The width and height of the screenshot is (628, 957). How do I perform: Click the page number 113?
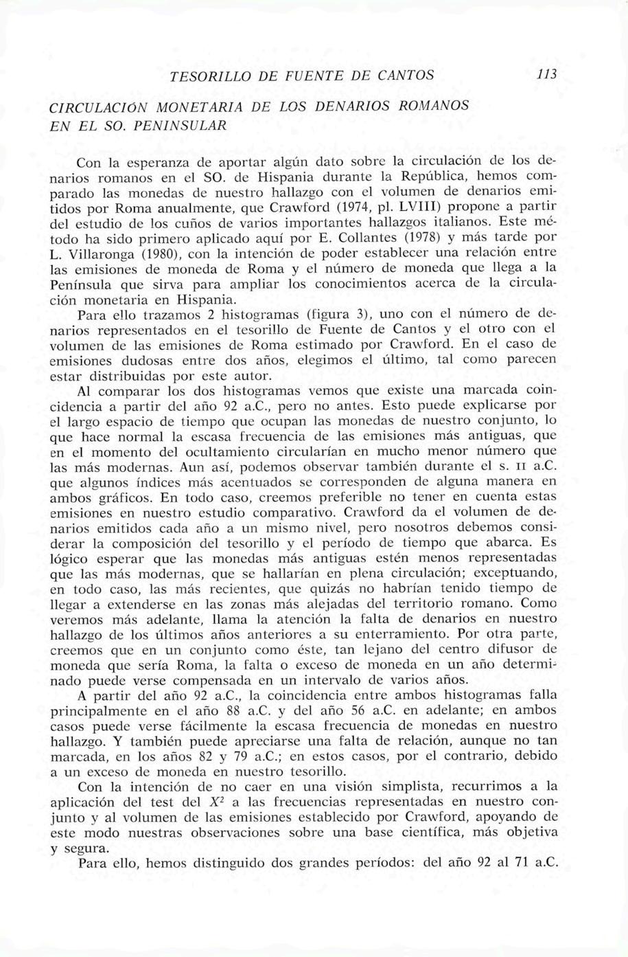(x=546, y=73)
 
